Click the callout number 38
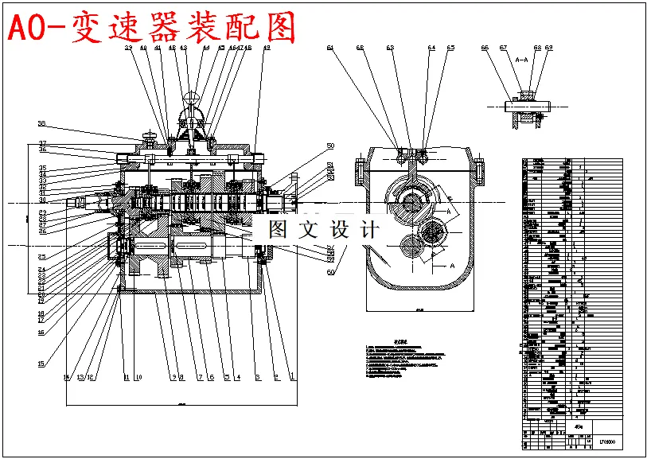[42, 123]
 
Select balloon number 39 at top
[128, 48]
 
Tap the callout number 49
[266, 48]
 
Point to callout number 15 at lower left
[41, 364]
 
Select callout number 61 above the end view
[329, 48]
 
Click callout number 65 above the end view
[450, 48]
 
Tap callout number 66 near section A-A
[485, 48]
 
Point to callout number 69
[548, 48]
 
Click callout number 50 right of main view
[330, 146]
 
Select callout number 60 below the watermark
[330, 272]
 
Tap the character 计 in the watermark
[368, 230]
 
